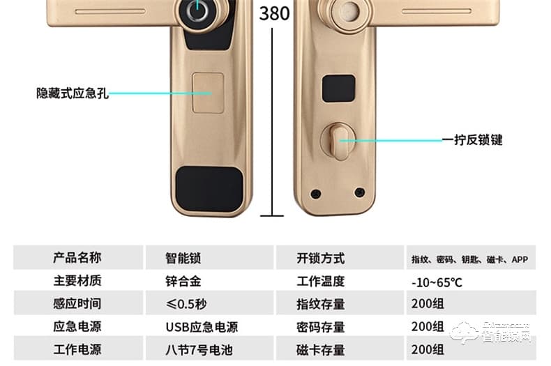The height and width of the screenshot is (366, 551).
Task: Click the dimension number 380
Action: [274, 13]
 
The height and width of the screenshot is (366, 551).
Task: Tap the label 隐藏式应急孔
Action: [73, 93]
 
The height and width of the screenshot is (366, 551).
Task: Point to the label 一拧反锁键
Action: [472, 140]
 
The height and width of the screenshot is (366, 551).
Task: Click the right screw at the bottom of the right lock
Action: [360, 192]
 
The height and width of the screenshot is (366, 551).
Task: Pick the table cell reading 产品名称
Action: [77, 258]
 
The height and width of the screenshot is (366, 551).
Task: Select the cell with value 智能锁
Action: [183, 259]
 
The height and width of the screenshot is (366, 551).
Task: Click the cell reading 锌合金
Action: [183, 282]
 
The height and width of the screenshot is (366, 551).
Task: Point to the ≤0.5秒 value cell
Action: [186, 304]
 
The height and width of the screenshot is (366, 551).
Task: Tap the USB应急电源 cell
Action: [202, 326]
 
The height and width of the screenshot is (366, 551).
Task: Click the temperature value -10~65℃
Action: [437, 282]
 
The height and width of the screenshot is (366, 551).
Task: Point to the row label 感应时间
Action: [77, 304]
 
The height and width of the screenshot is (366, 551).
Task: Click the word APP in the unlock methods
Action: [520, 260]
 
